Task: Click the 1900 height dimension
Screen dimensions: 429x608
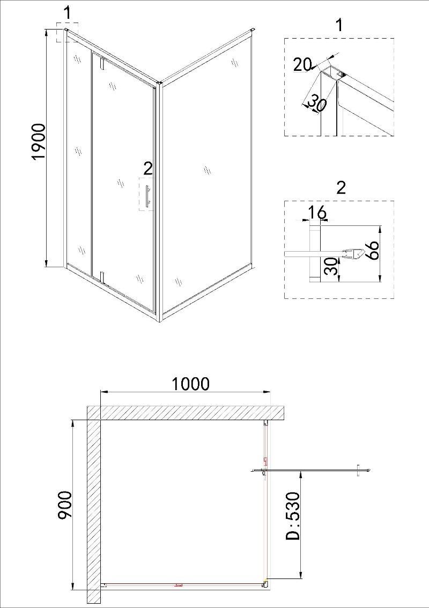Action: point(39,142)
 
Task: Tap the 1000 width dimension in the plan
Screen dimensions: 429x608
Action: point(190,384)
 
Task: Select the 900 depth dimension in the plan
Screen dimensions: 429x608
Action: point(64,506)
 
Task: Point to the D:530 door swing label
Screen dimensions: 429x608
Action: point(293,516)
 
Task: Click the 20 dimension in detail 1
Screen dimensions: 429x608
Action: point(302,64)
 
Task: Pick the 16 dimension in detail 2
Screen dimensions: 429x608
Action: point(317,213)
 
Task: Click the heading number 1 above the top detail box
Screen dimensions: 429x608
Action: point(339,25)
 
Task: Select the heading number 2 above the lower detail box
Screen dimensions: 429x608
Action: point(341,188)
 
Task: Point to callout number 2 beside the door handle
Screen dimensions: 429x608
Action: point(148,169)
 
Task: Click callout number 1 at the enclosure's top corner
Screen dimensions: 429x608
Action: point(68,13)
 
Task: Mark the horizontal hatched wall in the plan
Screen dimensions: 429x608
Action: point(186,413)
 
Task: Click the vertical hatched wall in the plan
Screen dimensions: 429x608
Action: point(94,506)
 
